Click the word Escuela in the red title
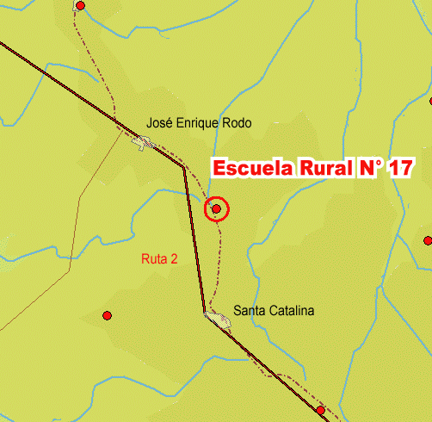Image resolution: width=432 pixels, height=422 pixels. [x=243, y=168]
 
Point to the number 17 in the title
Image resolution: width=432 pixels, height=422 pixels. [x=399, y=168]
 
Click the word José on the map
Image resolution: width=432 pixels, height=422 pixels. [x=160, y=123]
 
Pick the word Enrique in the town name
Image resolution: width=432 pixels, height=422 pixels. [x=199, y=124]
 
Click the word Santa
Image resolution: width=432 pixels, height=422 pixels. [x=250, y=311]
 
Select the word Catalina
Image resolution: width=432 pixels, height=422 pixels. [x=292, y=311]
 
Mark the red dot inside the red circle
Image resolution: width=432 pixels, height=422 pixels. [x=217, y=208]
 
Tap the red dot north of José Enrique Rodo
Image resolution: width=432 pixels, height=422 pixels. [x=81, y=5]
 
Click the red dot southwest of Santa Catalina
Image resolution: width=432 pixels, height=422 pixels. [x=107, y=315]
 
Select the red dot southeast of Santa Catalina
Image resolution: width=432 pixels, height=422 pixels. [x=320, y=410]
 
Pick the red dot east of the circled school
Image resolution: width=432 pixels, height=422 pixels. [x=428, y=240]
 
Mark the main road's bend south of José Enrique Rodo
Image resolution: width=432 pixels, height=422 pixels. [x=182, y=167]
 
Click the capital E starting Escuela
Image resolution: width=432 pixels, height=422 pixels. [x=219, y=168]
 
